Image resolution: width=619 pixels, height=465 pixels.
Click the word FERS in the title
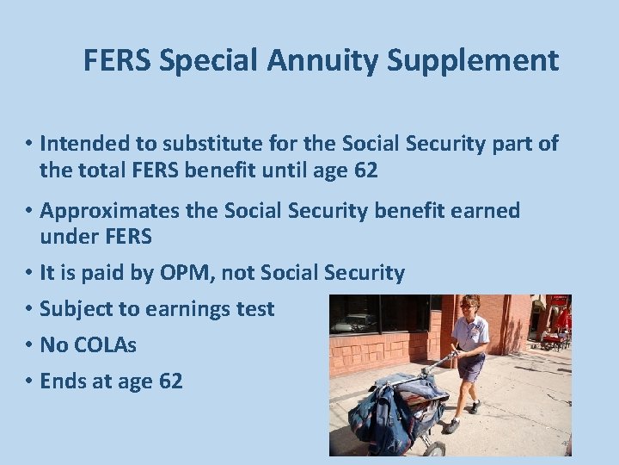point(119,61)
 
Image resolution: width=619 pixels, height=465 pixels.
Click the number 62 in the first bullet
point(365,170)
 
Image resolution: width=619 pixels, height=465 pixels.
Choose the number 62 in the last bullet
point(170,381)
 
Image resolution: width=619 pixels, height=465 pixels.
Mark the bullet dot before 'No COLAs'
point(28,344)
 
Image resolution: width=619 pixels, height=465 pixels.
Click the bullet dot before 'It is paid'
point(28,273)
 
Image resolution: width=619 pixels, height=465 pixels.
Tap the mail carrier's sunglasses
point(467,306)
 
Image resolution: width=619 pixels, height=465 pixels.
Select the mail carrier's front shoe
point(451,425)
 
